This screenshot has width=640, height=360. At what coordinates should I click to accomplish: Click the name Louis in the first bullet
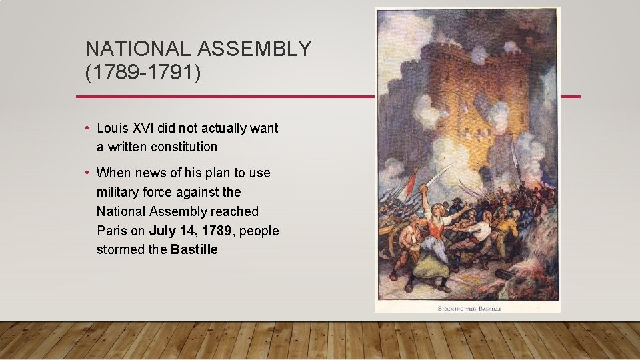(113, 127)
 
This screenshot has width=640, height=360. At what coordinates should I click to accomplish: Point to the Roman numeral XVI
(145, 127)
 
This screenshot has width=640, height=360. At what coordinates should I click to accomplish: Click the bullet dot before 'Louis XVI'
(87, 128)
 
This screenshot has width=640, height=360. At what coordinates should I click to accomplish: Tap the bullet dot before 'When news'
(87, 173)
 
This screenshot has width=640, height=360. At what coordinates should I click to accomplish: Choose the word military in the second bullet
(119, 192)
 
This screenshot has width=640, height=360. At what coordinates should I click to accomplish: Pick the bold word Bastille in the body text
(194, 250)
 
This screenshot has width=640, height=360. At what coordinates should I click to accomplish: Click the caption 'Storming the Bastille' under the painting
(469, 308)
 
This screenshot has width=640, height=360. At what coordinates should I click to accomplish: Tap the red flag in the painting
(411, 181)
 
